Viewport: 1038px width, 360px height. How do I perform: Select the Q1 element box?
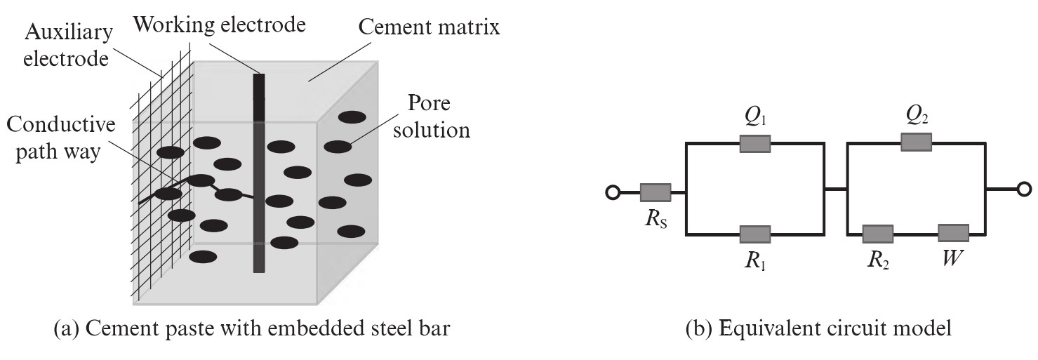[755, 143]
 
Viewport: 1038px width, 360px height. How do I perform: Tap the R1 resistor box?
[755, 233]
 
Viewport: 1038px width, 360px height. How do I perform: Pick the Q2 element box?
[916, 142]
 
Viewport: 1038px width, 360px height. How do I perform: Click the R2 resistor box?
[877, 233]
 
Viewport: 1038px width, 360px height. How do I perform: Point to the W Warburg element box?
[953, 233]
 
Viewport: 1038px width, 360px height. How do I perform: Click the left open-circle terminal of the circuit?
[613, 191]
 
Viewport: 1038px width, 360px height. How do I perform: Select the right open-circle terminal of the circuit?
[1024, 189]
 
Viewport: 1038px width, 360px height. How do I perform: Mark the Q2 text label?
[915, 114]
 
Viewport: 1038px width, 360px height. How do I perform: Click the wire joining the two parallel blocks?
[835, 188]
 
